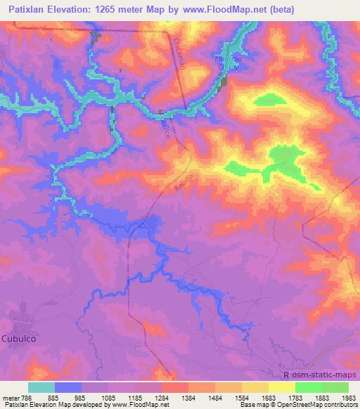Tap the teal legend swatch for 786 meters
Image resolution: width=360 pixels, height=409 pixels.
click(x=41, y=388)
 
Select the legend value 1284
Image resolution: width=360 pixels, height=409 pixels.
click(x=160, y=398)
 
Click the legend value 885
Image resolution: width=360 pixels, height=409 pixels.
click(x=54, y=398)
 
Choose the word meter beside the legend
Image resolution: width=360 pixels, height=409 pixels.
click(x=11, y=398)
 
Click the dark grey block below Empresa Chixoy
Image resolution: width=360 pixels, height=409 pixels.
click(x=224, y=84)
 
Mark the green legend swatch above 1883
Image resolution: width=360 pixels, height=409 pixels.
click(x=308, y=388)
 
